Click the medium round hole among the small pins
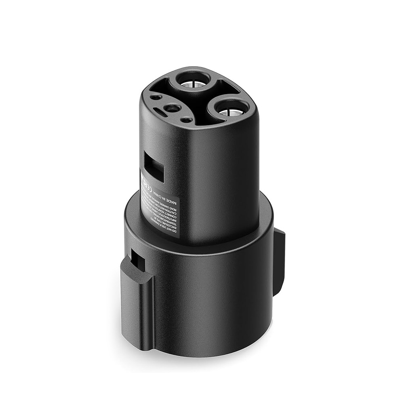(x=172, y=108)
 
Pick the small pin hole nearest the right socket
(x=186, y=120)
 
